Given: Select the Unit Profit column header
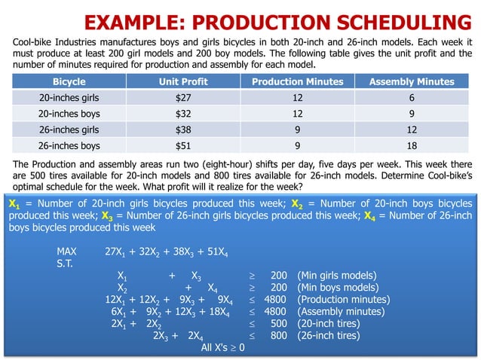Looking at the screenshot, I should tap(183, 81).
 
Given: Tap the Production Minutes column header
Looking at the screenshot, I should tap(297, 81).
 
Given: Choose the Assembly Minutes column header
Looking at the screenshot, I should tap(411, 81).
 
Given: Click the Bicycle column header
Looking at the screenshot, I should tap(69, 81).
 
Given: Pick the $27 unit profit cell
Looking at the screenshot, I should tap(183, 97).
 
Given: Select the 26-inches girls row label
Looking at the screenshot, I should tap(69, 130).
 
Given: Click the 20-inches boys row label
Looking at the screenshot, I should tap(69, 114).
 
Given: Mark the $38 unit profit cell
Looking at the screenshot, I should tap(183, 130).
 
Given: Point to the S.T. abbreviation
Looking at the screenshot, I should tap(66, 264).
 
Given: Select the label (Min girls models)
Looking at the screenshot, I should tap(337, 276).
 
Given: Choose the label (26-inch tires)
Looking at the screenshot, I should tap(329, 336).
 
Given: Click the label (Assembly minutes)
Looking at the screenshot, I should tap(343, 312).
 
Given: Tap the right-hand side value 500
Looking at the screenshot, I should tap(278, 324).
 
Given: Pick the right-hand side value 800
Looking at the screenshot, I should tap(278, 336).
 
